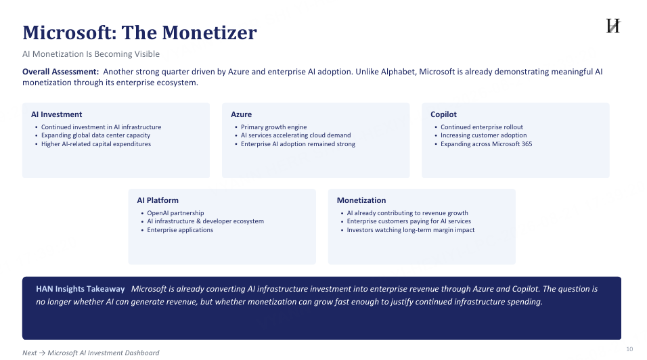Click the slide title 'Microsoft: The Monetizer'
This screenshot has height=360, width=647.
[139, 32]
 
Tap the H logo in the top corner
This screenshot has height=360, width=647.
[613, 26]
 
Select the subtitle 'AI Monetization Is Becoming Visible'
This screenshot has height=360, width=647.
[91, 54]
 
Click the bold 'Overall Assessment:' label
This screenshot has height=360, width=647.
[61, 72]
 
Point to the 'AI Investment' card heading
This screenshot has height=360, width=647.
[57, 114]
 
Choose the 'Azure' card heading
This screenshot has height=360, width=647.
[241, 114]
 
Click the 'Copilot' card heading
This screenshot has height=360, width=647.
[443, 114]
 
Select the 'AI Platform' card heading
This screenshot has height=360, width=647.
[158, 200]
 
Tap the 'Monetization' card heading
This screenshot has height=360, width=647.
[361, 200]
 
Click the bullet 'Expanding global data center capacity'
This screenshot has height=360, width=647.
[95, 135]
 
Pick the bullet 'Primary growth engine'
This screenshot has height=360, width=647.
[274, 127]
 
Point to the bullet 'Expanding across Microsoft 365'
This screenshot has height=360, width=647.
[487, 144]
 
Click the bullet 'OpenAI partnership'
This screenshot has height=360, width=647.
[175, 213]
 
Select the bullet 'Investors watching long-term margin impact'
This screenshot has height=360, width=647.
[411, 230]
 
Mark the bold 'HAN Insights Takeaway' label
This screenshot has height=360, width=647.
[80, 289]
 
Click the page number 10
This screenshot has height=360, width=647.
[629, 349]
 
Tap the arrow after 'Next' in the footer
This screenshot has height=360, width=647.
[42, 353]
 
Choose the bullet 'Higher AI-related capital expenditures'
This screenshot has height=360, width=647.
[96, 144]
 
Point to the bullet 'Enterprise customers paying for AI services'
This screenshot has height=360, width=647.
[409, 221]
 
